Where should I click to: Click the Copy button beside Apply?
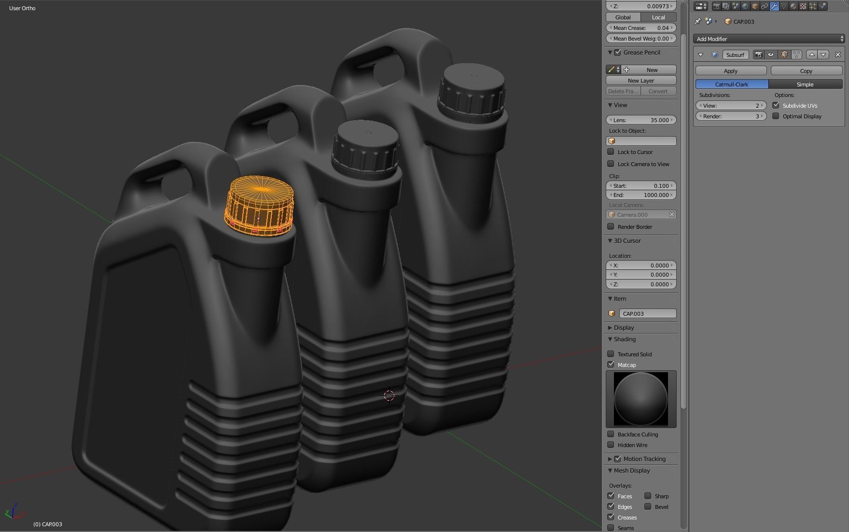coord(806,71)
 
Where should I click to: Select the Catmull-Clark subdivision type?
coord(731,84)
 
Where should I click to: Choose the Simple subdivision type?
coord(805,84)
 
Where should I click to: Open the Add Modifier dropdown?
coord(768,39)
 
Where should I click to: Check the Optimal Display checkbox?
coord(776,116)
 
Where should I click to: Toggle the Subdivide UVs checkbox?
coord(776,106)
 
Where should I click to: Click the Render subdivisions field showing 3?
coord(731,116)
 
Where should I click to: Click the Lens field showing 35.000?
coord(640,120)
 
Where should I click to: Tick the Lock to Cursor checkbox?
coord(611,152)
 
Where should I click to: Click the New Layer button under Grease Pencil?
coord(640,81)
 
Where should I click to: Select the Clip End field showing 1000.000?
coord(640,195)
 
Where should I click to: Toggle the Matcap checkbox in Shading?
coord(611,364)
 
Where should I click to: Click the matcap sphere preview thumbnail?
coord(640,399)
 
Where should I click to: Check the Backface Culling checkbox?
coord(611,434)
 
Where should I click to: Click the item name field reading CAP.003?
coord(647,314)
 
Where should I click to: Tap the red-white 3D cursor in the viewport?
coord(389,396)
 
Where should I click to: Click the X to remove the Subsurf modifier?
coord(837,55)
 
